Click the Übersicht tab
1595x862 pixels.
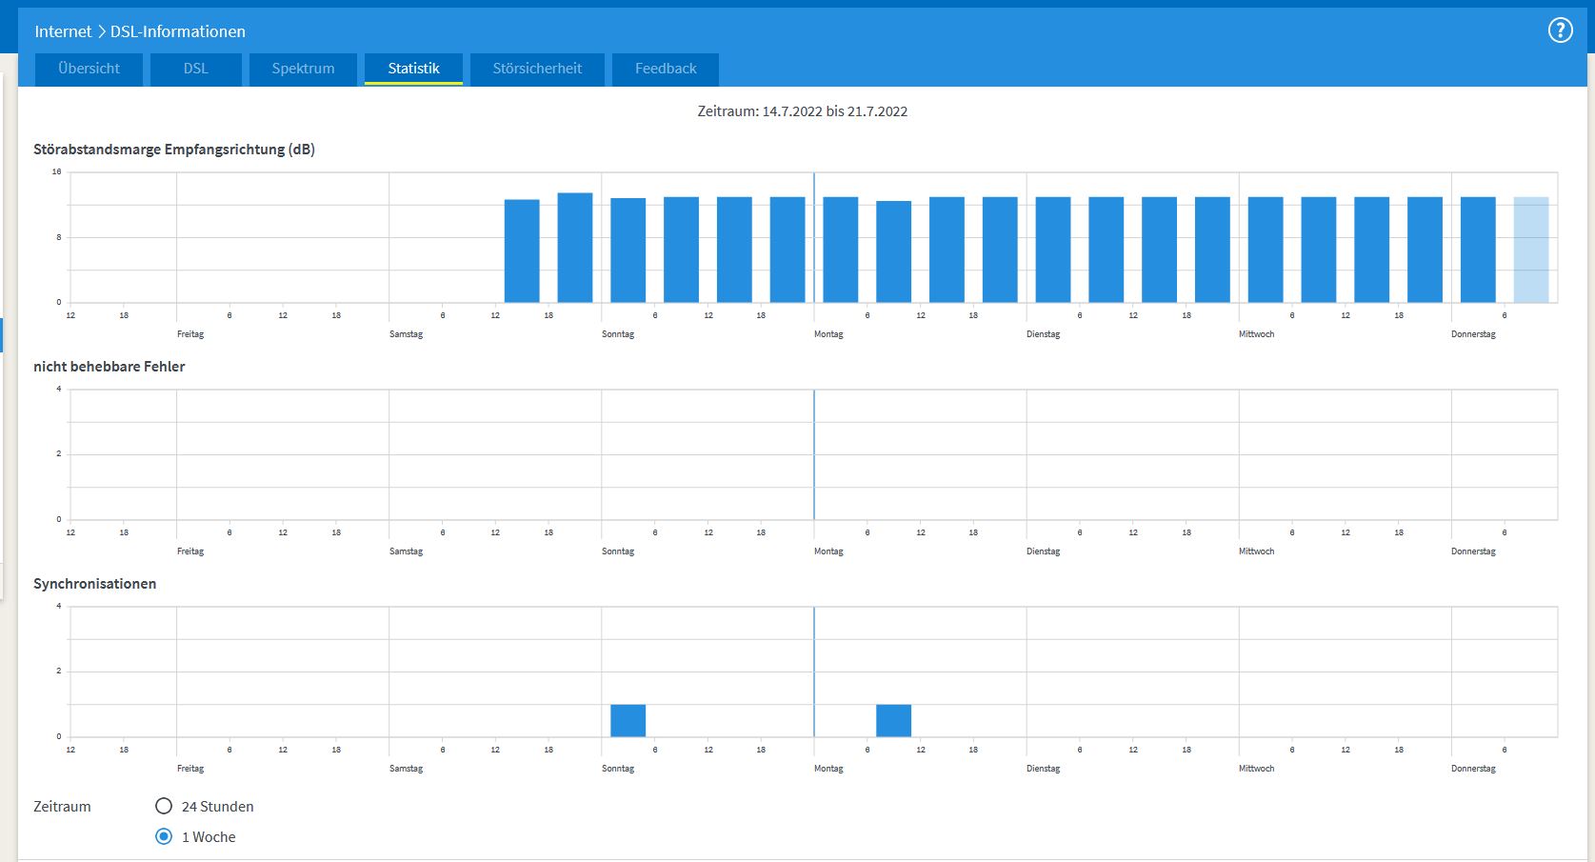pos(89,70)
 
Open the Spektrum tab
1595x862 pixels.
pos(303,70)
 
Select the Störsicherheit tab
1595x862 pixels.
pos(537,70)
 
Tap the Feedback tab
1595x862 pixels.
pos(665,70)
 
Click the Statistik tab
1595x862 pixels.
pos(413,70)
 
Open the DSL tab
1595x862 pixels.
pos(196,70)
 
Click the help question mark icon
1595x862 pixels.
pos(1560,30)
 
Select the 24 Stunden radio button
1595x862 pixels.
pos(164,806)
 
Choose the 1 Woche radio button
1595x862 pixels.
pos(164,836)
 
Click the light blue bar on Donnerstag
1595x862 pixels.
pos(1531,251)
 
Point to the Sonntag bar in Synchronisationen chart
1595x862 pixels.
pos(628,720)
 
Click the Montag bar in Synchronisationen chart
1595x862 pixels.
pos(893,720)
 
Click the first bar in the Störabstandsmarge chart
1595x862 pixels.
pos(522,251)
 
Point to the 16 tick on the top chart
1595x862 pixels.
pos(56,171)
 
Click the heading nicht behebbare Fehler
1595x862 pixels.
pos(109,366)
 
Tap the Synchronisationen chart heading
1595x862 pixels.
pos(94,584)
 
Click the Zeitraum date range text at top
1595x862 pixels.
pos(803,111)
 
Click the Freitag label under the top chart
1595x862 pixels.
pos(190,334)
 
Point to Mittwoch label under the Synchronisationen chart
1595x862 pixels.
pos(1256,769)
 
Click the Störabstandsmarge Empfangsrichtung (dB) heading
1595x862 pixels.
pos(173,149)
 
